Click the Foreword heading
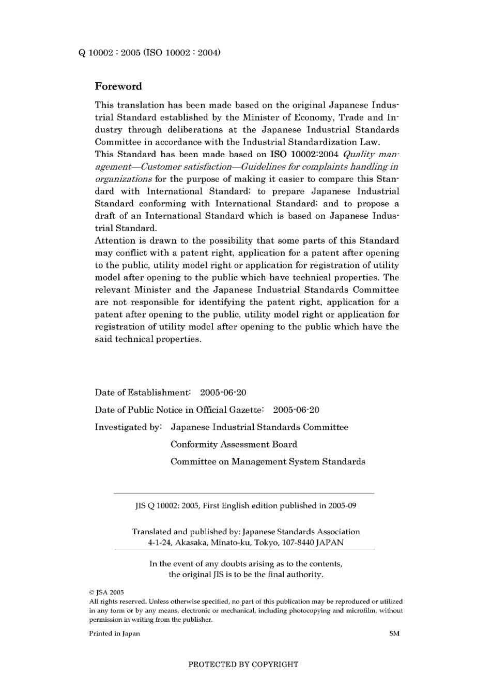(x=118, y=86)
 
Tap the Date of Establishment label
(x=143, y=393)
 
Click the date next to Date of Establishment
(x=223, y=393)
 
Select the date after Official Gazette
(x=296, y=410)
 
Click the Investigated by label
(x=128, y=427)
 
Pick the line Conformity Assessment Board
(x=234, y=444)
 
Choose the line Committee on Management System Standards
(x=268, y=462)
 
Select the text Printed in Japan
(x=114, y=634)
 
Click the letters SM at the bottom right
(x=394, y=634)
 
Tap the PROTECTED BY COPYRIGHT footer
(x=243, y=665)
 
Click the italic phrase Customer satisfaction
(x=187, y=167)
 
